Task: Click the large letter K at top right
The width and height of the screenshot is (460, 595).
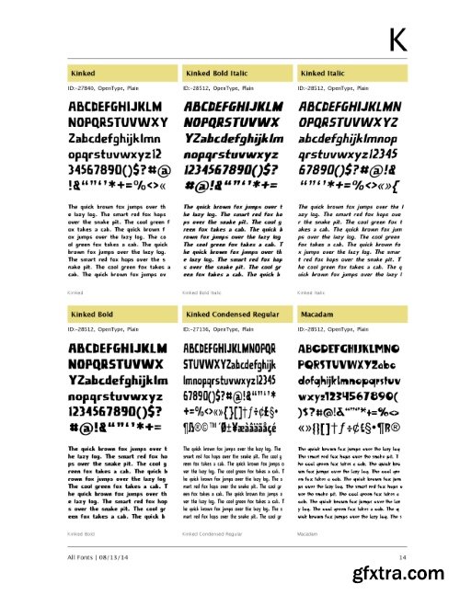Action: click(x=397, y=39)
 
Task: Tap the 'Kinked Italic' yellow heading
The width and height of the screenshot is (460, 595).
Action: click(x=322, y=71)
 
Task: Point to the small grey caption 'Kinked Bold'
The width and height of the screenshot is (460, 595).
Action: click(x=81, y=533)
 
